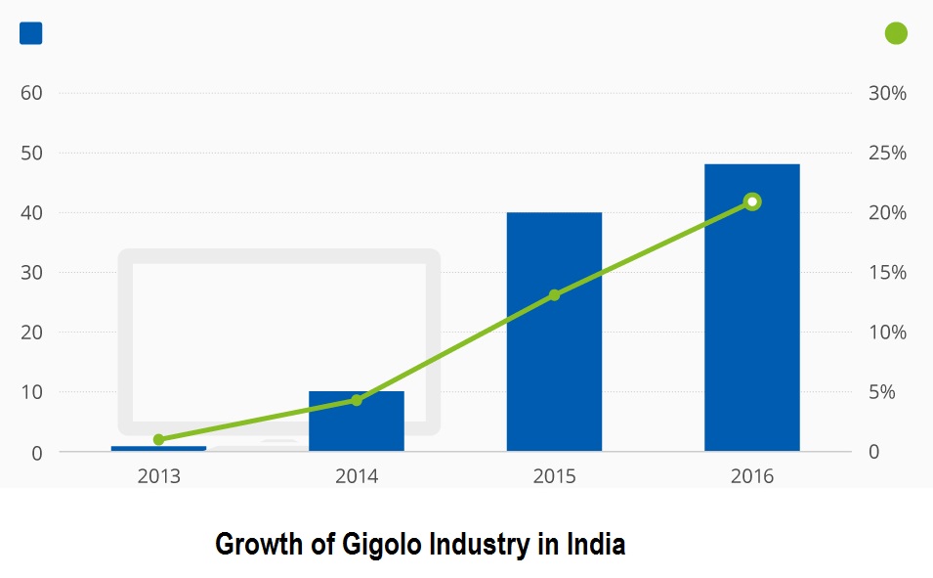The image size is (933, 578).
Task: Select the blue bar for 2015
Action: [x=554, y=333]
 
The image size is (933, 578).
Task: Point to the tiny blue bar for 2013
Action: [x=158, y=448]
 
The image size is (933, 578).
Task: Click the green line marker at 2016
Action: [x=751, y=201]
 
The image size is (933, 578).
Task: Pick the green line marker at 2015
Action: [x=554, y=294]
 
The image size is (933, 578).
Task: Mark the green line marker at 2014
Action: [x=357, y=400]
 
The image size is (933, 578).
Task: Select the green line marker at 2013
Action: [x=158, y=439]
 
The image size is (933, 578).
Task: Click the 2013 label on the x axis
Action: [x=158, y=476]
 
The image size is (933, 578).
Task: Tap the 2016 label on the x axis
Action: [x=751, y=476]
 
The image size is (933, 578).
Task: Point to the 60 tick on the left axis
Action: [x=31, y=93]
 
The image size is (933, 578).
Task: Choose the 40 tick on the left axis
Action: [x=31, y=213]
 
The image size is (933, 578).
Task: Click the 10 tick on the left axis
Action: [x=31, y=392]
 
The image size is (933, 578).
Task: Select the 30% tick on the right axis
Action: [x=887, y=93]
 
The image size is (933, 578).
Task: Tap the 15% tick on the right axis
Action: [x=887, y=273]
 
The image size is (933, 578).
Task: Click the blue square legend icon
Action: [x=31, y=33]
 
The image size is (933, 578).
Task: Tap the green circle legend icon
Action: [x=896, y=33]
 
